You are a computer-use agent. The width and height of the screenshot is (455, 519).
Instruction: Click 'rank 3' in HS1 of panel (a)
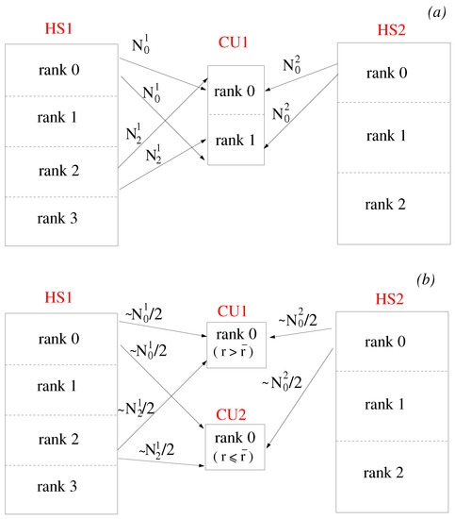[58, 220]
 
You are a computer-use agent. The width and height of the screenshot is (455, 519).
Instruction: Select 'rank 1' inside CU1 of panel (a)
[235, 141]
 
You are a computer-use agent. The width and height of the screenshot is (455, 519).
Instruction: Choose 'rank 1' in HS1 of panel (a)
[58, 119]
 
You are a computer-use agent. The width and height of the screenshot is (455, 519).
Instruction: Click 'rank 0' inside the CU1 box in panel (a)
[235, 91]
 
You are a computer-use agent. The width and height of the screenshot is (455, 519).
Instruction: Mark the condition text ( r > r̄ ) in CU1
[235, 354]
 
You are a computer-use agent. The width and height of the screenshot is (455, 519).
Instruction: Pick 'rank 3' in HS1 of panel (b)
[58, 488]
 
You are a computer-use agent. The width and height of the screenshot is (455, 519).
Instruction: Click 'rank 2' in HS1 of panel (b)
[58, 438]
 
